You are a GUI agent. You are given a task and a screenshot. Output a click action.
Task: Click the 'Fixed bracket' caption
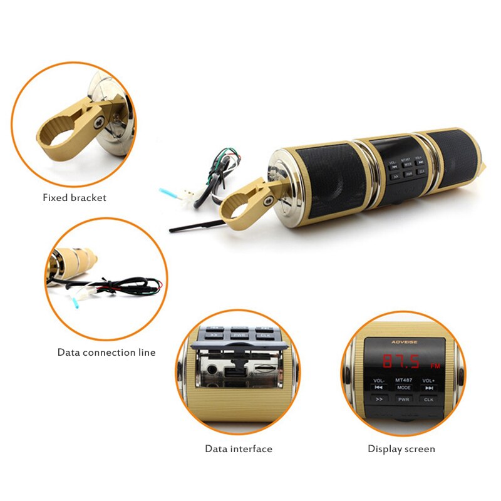[x=75, y=198]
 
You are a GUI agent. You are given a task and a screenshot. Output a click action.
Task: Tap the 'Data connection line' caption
[x=106, y=353]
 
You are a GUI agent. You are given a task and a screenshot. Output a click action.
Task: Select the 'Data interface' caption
[x=239, y=449]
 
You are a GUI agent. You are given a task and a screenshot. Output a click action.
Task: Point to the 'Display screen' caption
[x=401, y=449]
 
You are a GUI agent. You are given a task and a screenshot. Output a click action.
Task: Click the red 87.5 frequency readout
[x=401, y=361]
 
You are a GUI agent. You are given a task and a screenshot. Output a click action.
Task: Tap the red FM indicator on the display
[x=435, y=366]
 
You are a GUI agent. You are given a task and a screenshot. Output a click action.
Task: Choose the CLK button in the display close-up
[x=428, y=399]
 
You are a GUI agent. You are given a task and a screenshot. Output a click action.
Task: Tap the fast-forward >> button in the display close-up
[x=379, y=398]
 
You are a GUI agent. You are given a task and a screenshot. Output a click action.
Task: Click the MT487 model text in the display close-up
[x=403, y=380]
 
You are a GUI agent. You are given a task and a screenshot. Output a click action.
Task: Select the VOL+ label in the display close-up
[x=428, y=380]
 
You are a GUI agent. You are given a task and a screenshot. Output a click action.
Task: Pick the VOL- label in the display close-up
[x=379, y=380]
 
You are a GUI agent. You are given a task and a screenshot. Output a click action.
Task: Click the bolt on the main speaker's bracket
[x=268, y=200]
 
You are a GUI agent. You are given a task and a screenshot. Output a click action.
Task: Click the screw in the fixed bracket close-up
[x=98, y=123]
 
